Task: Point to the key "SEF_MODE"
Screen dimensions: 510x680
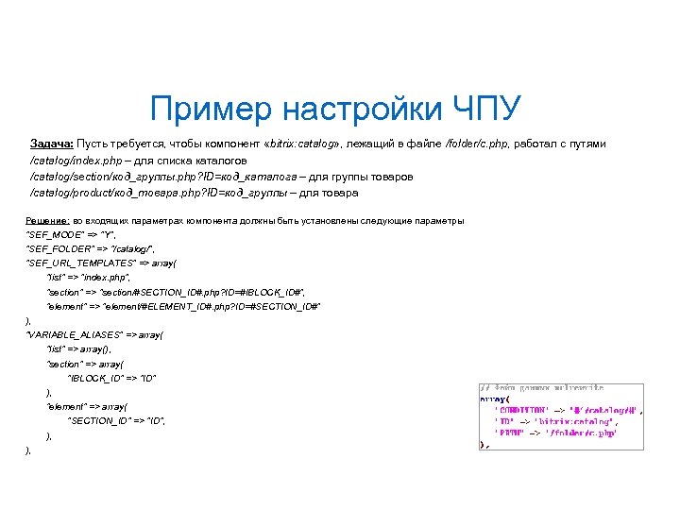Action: [x=53, y=235]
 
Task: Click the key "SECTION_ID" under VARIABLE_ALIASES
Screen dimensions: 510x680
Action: [x=98, y=420]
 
